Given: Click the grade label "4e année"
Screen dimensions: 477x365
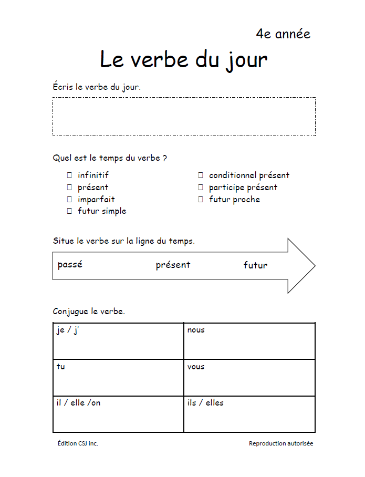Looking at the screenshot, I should [283, 34].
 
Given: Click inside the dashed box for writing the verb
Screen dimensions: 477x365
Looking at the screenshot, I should [184, 116].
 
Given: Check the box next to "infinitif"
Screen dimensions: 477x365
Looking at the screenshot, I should [69, 175].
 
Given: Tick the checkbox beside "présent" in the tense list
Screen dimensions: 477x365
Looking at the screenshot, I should [69, 188].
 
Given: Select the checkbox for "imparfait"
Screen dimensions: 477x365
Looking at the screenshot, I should [69, 200].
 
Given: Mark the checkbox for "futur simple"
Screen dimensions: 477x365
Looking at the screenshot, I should [69, 211].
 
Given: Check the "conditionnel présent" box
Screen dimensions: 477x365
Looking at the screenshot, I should [201, 175].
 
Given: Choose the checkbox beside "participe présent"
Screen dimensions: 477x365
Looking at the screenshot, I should [201, 188].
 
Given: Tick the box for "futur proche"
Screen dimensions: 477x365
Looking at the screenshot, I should [201, 200].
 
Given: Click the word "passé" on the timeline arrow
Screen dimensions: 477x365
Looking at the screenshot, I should [70, 265].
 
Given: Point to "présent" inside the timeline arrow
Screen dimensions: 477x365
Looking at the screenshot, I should [173, 265].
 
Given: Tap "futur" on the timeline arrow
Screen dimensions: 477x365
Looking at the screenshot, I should [255, 265].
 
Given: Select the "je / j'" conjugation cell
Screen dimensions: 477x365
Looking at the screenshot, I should [118, 341].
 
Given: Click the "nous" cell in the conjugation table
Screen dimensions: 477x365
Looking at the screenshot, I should [249, 341].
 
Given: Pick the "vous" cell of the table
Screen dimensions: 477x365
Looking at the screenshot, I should [249, 378].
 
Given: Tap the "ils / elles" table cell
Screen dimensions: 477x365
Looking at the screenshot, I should [249, 414].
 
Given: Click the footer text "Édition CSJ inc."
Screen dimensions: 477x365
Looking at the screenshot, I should [78, 443].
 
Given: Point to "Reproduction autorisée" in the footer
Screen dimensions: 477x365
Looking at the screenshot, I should [280, 443].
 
